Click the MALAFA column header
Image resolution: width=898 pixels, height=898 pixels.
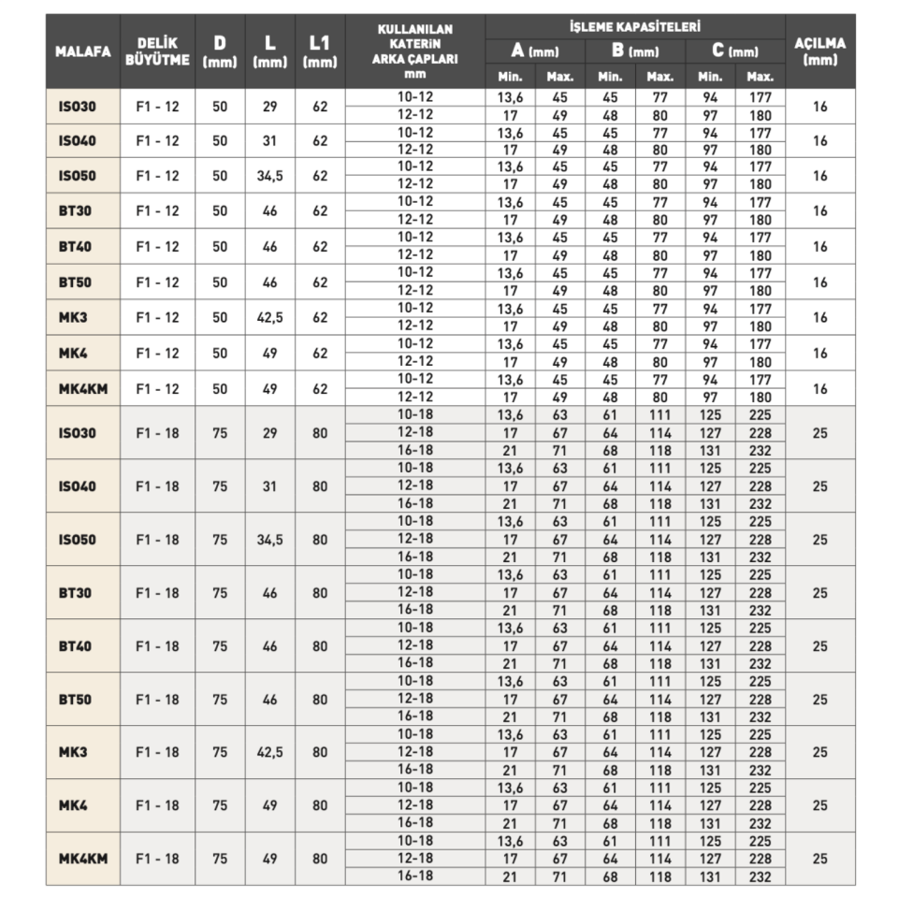point(82,51)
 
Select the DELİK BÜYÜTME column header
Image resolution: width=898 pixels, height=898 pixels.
point(157,51)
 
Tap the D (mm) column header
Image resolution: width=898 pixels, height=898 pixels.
point(220,51)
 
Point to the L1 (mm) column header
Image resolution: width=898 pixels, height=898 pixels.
point(320,51)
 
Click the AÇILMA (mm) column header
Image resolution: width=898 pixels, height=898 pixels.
point(819,51)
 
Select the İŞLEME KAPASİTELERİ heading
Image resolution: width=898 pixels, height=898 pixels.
point(635,27)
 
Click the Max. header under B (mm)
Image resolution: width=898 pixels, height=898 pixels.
point(659,77)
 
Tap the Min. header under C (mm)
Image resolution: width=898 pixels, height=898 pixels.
point(710,77)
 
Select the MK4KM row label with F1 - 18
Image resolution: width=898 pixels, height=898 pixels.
point(83,858)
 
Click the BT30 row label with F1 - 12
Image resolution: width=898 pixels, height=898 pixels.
point(83,211)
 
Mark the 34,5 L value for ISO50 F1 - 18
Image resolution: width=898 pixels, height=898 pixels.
point(270,540)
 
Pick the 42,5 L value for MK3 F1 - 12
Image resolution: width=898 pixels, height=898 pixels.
point(270,318)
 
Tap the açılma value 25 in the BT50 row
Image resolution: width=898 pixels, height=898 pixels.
point(819,699)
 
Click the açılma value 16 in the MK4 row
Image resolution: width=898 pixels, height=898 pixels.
point(819,354)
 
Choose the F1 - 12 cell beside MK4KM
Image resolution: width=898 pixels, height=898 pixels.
point(157,389)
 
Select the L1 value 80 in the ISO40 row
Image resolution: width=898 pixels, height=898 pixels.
point(320,486)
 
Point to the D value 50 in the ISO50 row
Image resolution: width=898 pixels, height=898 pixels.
point(220,176)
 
